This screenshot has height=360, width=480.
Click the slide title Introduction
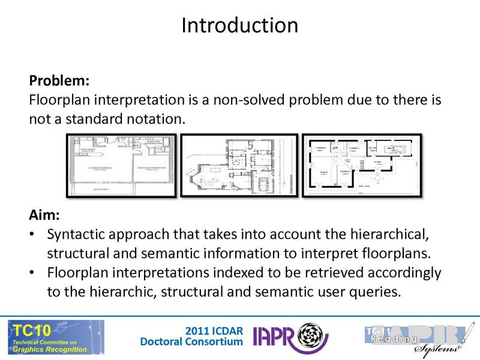(239, 25)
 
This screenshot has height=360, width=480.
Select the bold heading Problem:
(58, 80)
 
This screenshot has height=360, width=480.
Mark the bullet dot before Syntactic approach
(33, 234)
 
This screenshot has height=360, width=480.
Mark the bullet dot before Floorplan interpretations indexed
(33, 273)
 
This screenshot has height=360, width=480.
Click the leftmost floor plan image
(121, 166)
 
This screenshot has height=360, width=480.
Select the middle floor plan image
(239, 166)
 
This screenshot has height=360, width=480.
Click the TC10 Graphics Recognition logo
(55, 337)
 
